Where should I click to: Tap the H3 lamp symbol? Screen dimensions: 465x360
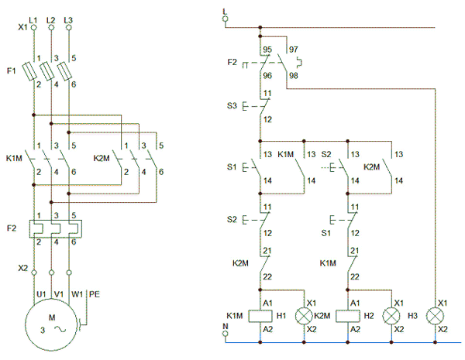[435, 316]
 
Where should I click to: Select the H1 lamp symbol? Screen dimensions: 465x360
[304, 316]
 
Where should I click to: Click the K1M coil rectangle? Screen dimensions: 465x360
[260, 316]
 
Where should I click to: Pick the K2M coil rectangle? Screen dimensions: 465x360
[347, 316]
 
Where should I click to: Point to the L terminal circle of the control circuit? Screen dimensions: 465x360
[226, 19]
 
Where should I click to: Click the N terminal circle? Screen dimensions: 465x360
[226, 334]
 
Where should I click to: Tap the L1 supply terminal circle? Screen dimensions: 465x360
[34, 28]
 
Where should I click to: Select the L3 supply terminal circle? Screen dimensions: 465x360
[69, 28]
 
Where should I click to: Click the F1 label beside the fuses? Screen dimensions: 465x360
[12, 71]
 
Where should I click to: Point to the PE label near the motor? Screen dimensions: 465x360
[95, 294]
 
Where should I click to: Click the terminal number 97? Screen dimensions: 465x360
[293, 50]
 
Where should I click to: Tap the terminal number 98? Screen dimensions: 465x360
[293, 76]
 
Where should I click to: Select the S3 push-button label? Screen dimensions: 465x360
[232, 105]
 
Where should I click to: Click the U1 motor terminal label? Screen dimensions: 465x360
[41, 294]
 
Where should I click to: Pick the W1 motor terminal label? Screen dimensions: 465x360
[77, 294]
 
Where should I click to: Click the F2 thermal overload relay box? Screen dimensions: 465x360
[56, 228]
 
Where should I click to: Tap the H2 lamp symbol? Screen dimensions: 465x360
[391, 316]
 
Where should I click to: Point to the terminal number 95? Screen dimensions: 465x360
[267, 50]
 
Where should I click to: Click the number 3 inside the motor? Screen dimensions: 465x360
[43, 330]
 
